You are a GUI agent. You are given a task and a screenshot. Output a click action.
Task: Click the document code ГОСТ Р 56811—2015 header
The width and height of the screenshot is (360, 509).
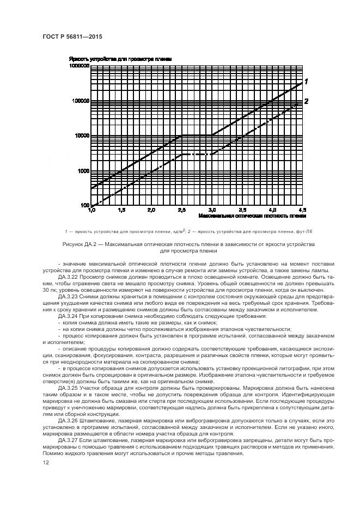coord(72,36)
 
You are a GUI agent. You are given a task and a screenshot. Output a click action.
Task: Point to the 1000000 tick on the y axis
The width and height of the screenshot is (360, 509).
coord(78,65)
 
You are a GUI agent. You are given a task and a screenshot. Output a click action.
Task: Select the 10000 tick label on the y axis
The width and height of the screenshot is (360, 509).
coord(81,136)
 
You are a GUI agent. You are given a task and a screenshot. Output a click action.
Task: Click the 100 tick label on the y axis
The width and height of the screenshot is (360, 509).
coord(84,205)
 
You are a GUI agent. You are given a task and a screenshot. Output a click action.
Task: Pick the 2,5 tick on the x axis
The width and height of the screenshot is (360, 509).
coord(181,210)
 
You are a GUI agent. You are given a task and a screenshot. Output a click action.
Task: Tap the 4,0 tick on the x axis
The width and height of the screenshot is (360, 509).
coord(273,210)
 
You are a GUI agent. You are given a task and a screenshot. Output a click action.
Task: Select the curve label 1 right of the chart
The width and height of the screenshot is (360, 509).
coord(306,82)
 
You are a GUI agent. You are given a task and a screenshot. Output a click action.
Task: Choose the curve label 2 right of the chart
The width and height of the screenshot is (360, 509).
coord(306,101)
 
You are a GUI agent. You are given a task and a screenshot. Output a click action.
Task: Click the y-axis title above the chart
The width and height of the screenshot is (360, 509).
coord(120,58)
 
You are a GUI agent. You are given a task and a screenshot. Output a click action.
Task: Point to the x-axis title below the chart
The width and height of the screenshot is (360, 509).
coord(252,216)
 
